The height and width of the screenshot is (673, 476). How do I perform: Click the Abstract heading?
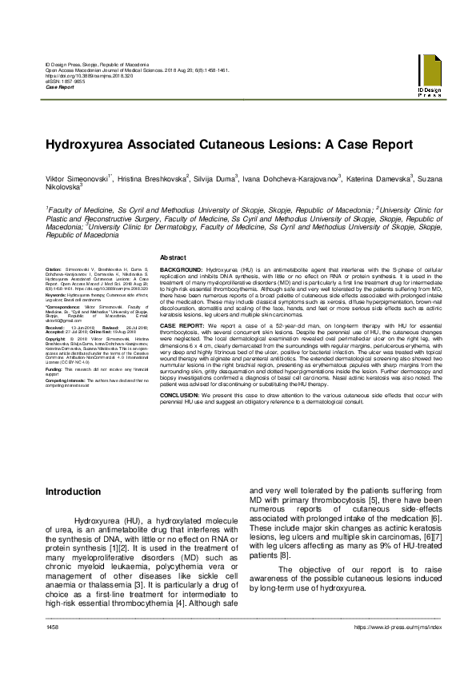pyautogui.click(x=174, y=257)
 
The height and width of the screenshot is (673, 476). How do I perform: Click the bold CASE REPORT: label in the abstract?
pyautogui.click(x=181, y=327)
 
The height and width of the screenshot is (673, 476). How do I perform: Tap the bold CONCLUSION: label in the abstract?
pyautogui.click(x=181, y=394)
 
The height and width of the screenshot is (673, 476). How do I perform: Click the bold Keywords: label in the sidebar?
pyautogui.click(x=56, y=295)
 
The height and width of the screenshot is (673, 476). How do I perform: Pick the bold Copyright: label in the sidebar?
pyautogui.click(x=56, y=338)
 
